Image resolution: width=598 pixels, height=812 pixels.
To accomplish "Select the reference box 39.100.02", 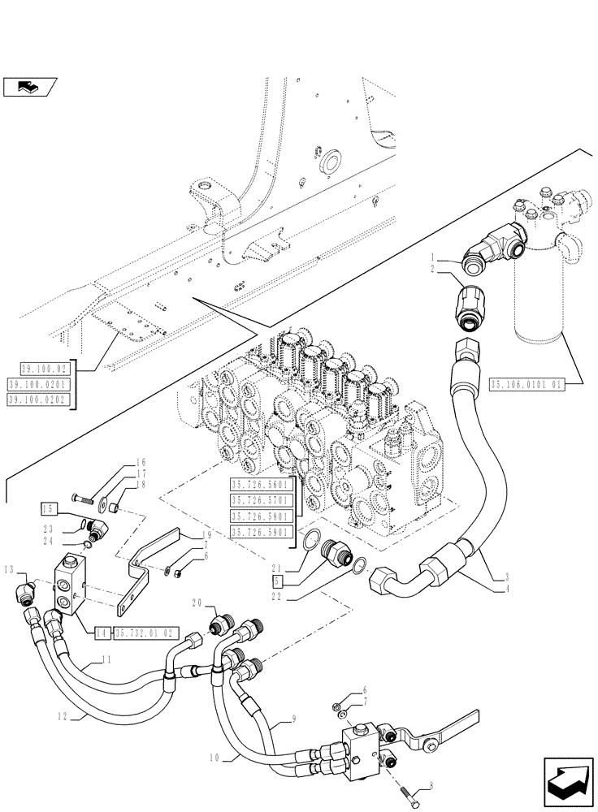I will pos(38,369).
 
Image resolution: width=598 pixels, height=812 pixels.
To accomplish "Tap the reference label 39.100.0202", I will pos(38,400).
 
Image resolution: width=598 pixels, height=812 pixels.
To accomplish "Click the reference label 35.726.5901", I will pos(264,532).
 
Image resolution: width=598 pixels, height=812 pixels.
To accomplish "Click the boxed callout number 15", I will pos(50,509).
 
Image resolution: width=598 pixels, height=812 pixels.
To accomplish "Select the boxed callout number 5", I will pos(277,581).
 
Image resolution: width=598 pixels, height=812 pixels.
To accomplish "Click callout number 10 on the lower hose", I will pos(214,757).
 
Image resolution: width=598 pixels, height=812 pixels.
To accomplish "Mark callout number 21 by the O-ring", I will pos(277,568).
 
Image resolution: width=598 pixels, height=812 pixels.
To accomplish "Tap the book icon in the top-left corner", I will pos(29,84).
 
